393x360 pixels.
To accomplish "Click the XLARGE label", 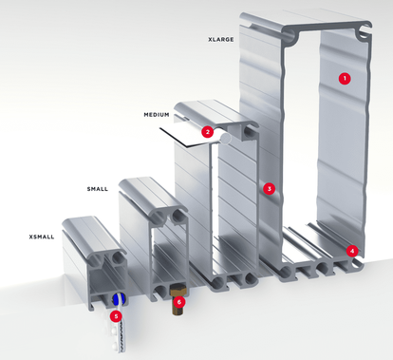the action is [221, 40].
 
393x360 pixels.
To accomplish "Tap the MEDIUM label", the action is [157, 115].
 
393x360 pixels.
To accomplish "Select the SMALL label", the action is [98, 189].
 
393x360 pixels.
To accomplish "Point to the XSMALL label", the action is [42, 237].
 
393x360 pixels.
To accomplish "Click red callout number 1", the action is [345, 78].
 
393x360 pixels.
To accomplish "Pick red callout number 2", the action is [208, 132].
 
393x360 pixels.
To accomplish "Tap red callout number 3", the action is [270, 189].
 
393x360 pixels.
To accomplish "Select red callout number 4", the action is [352, 252].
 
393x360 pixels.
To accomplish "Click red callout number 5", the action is [116, 315].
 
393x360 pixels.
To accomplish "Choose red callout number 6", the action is [179, 302].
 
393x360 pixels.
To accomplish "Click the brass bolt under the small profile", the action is [178, 299].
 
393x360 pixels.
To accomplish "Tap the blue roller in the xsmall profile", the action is [117, 299].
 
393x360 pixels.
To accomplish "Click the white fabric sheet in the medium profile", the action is [187, 136].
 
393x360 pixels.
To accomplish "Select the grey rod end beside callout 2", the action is [226, 139].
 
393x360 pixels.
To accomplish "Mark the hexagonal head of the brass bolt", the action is [178, 290].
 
